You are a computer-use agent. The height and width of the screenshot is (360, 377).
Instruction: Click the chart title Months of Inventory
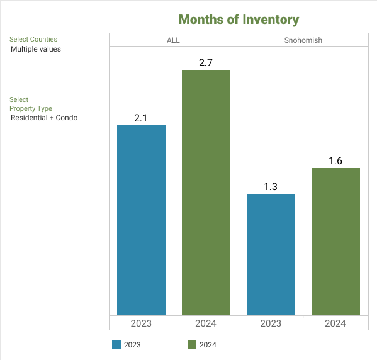239,20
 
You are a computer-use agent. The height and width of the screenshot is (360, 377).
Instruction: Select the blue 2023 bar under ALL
141,220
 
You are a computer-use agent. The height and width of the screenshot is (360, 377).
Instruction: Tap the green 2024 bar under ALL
206,193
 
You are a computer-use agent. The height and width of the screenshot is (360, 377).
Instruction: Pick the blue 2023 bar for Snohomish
271,254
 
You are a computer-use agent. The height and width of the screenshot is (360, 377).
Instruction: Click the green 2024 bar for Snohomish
335,242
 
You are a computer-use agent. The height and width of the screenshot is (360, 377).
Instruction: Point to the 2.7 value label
206,63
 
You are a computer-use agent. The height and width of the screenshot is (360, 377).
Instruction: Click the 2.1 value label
140,118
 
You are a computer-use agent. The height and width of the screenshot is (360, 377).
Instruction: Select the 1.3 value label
271,187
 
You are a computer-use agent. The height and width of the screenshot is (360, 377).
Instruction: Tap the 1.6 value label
335,161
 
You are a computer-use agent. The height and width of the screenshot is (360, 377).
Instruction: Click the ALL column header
173,40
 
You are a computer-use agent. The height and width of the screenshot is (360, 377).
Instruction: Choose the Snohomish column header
303,40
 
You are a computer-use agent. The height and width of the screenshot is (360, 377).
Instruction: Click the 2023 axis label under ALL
141,323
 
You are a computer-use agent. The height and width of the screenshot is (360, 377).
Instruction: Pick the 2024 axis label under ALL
206,323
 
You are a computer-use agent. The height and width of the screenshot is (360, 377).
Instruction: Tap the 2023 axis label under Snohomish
271,323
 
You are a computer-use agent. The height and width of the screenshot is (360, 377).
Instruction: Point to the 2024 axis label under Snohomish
335,323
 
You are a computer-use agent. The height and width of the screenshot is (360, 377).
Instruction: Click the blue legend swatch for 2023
116,344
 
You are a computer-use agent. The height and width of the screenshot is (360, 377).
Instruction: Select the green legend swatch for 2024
192,344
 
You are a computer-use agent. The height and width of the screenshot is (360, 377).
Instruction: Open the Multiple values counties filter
36,49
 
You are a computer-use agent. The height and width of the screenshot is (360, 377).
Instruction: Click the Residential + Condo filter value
44,118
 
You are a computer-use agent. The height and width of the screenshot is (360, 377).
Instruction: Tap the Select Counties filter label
33,39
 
